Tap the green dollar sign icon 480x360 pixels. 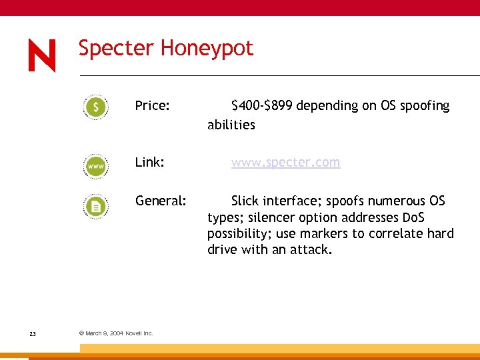click(97, 107)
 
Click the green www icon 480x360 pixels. click(97, 165)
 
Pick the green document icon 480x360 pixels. click(97, 206)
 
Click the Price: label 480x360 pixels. click(152, 105)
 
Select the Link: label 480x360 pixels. click(149, 162)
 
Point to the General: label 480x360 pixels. click(161, 201)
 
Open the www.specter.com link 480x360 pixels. click(285, 163)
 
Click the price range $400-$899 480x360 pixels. click(262, 105)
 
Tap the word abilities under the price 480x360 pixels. click(231, 125)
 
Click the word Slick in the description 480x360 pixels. click(245, 201)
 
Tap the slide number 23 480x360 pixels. click(33, 333)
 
